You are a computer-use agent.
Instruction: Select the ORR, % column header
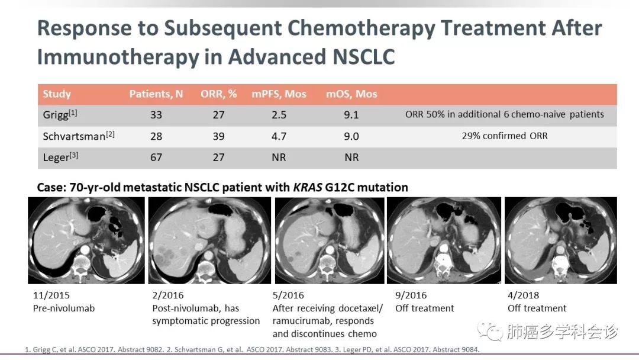point(218,94)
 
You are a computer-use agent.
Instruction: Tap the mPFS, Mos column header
point(279,94)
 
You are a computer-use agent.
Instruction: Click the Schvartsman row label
point(75,136)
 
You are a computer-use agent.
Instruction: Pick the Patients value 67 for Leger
point(156,157)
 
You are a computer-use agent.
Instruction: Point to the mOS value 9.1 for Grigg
point(351,115)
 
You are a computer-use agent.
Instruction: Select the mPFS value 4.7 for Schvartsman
point(279,136)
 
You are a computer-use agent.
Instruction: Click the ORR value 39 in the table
point(218,136)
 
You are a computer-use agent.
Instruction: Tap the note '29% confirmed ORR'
point(505,136)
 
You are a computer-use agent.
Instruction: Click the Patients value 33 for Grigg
point(156,115)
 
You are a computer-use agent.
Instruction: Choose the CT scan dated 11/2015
point(86,240)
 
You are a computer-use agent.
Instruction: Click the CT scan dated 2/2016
point(208,240)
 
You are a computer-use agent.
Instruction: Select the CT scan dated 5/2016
point(329,240)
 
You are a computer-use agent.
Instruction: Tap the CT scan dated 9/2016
point(443,240)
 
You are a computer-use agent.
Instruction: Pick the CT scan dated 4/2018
point(560,240)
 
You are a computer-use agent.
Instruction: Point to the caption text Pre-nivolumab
point(64,308)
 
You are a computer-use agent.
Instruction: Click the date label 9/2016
point(411,295)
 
